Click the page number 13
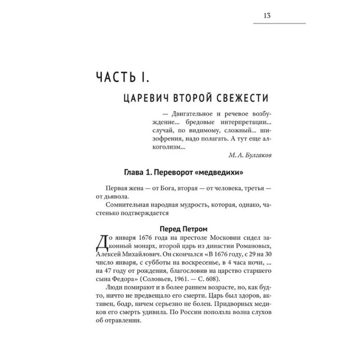point(266,15)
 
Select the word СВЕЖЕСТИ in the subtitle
point(236,99)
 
